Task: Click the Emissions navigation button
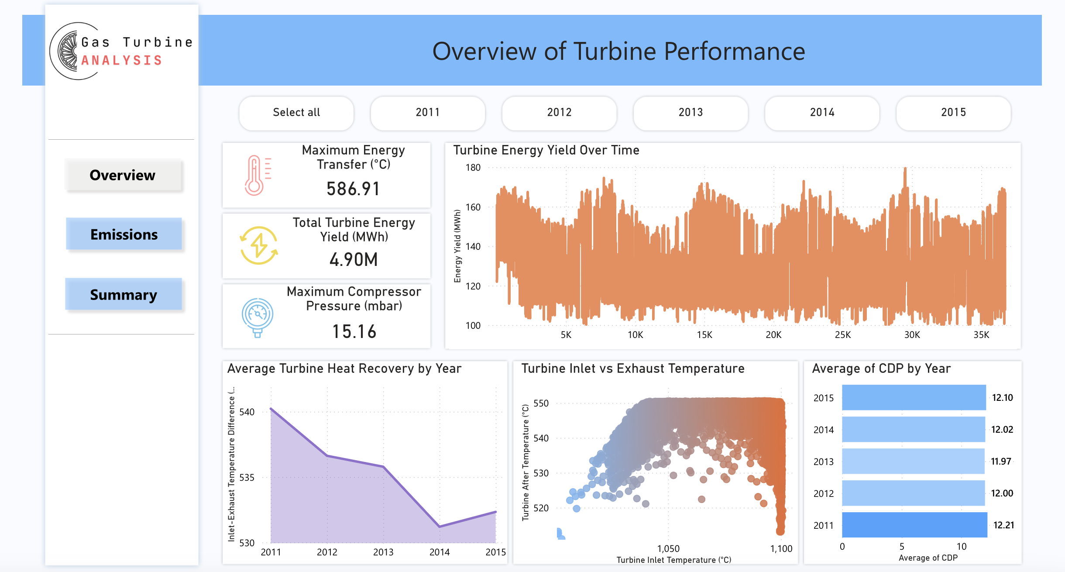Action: pyautogui.click(x=124, y=234)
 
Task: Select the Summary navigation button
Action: pyautogui.click(x=124, y=294)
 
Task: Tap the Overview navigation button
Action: pyautogui.click(x=123, y=175)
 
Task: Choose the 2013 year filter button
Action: pyautogui.click(x=691, y=113)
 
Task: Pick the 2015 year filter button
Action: pyautogui.click(x=953, y=113)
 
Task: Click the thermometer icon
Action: pyautogui.click(x=257, y=176)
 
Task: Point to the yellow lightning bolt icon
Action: pyautogui.click(x=259, y=245)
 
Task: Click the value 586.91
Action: pyautogui.click(x=353, y=189)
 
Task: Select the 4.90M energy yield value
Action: pyautogui.click(x=354, y=260)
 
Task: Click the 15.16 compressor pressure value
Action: pyautogui.click(x=354, y=331)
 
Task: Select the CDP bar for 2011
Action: pyautogui.click(x=914, y=525)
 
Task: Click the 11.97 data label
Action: pyautogui.click(x=1000, y=462)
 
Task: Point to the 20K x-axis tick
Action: pyautogui.click(x=773, y=335)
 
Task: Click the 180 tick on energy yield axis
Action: pyautogui.click(x=473, y=168)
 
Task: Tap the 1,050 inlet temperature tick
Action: pyautogui.click(x=668, y=548)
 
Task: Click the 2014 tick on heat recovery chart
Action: pyautogui.click(x=440, y=552)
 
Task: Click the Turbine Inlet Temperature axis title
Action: pyautogui.click(x=673, y=560)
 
